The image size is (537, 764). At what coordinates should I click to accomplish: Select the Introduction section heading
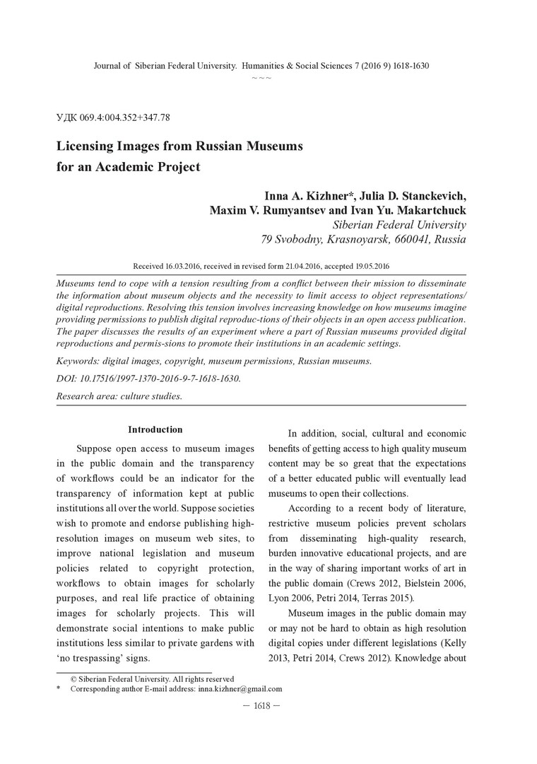[155, 429]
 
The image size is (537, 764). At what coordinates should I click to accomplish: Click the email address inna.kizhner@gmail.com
[240, 688]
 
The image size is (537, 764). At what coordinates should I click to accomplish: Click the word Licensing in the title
[90, 146]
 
